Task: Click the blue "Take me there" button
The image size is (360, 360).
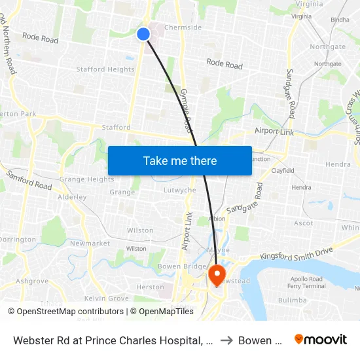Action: (x=180, y=160)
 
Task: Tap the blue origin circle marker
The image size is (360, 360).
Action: (x=143, y=34)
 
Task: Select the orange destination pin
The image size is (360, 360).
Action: (x=216, y=274)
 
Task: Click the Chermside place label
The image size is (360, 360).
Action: (x=183, y=27)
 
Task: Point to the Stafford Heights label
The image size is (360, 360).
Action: (x=105, y=69)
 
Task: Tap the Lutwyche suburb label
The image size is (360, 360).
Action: (x=179, y=190)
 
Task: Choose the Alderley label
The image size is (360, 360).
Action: (x=72, y=197)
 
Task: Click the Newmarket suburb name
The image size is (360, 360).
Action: (x=90, y=243)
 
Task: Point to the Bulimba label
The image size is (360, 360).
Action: (x=292, y=300)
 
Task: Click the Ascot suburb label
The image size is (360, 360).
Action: (x=304, y=223)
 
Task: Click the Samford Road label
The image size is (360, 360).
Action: (x=29, y=180)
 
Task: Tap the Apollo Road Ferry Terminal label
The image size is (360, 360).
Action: (x=306, y=282)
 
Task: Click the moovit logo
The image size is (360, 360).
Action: (x=320, y=339)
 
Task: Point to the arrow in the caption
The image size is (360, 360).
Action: (x=225, y=340)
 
